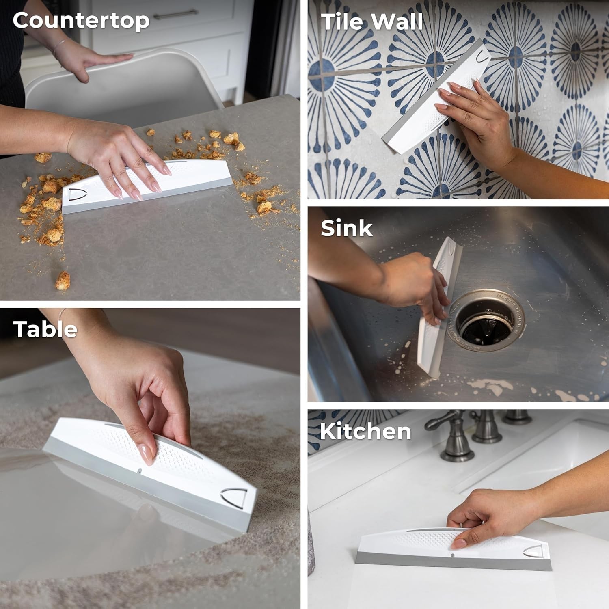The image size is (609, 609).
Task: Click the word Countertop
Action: click(81, 21)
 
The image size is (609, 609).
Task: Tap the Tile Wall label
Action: click(372, 22)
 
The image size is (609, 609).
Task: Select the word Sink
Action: click(346, 228)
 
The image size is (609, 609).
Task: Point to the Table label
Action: click(45, 329)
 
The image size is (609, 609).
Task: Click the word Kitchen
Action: click(365, 431)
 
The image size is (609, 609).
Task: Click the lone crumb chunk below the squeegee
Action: click(63, 280)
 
